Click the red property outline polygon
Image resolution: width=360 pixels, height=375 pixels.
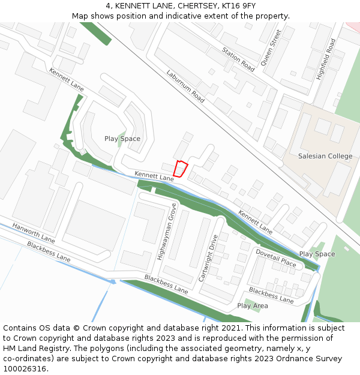pos(180,169)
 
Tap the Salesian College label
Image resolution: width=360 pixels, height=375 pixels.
pos(325,157)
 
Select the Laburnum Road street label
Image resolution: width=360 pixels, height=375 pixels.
pos(187,85)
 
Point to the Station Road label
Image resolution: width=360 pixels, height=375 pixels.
pos(238,60)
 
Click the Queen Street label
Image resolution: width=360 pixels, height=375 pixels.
pos(271,47)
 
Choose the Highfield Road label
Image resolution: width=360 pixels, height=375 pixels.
pos(326,59)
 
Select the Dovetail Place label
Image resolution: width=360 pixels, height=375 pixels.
pos(276,258)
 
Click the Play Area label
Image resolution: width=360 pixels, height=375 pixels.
pos(253,306)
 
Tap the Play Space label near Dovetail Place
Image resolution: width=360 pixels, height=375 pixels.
pos(317,254)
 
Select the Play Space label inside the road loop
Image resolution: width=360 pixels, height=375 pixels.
pos(122,139)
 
